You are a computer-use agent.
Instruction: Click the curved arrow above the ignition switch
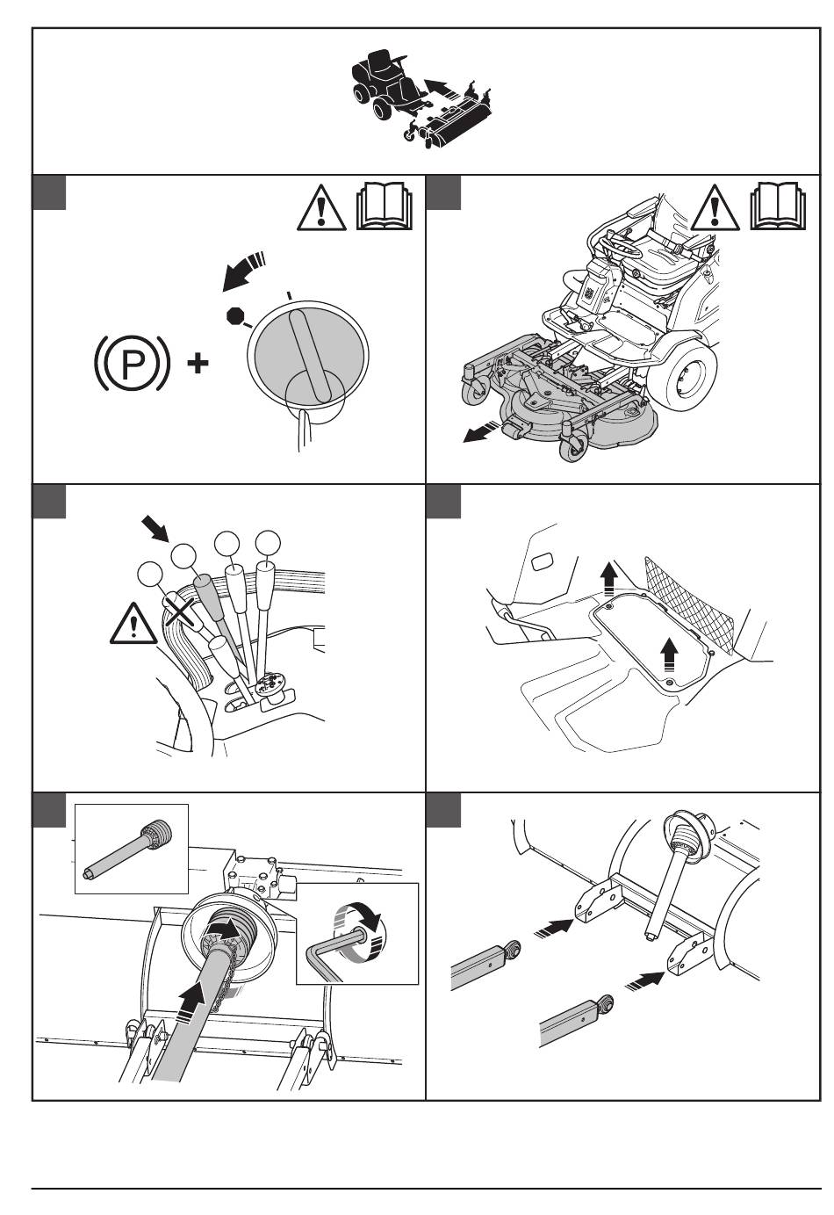[243, 272]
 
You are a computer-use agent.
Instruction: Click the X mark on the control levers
[179, 609]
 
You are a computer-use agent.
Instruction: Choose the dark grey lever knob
[205, 587]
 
